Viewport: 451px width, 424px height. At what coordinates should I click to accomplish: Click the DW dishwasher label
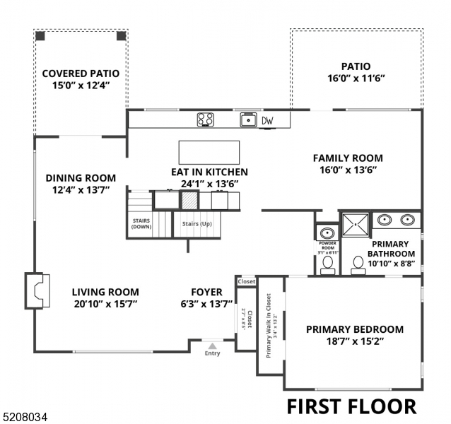267,121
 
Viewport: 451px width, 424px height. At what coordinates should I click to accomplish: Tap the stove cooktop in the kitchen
206,119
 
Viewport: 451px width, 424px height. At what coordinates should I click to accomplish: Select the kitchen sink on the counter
247,120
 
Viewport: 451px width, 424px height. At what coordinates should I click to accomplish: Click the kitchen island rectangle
209,152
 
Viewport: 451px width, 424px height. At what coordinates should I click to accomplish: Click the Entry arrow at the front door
212,345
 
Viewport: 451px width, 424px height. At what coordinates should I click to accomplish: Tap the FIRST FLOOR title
351,406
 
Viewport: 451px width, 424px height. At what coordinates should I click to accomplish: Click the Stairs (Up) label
197,224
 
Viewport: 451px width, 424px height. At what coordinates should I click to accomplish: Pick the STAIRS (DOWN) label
141,224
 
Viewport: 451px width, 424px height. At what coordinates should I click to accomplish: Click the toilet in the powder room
327,264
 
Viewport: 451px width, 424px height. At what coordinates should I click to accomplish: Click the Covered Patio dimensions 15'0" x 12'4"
81,86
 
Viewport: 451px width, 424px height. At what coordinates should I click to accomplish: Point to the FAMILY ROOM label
348,158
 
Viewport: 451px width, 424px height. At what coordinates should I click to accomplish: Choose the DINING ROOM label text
81,178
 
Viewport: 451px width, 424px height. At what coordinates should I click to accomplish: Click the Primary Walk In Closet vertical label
269,325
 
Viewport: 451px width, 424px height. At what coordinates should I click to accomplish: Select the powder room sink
327,232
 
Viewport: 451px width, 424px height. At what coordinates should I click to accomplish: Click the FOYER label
206,292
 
